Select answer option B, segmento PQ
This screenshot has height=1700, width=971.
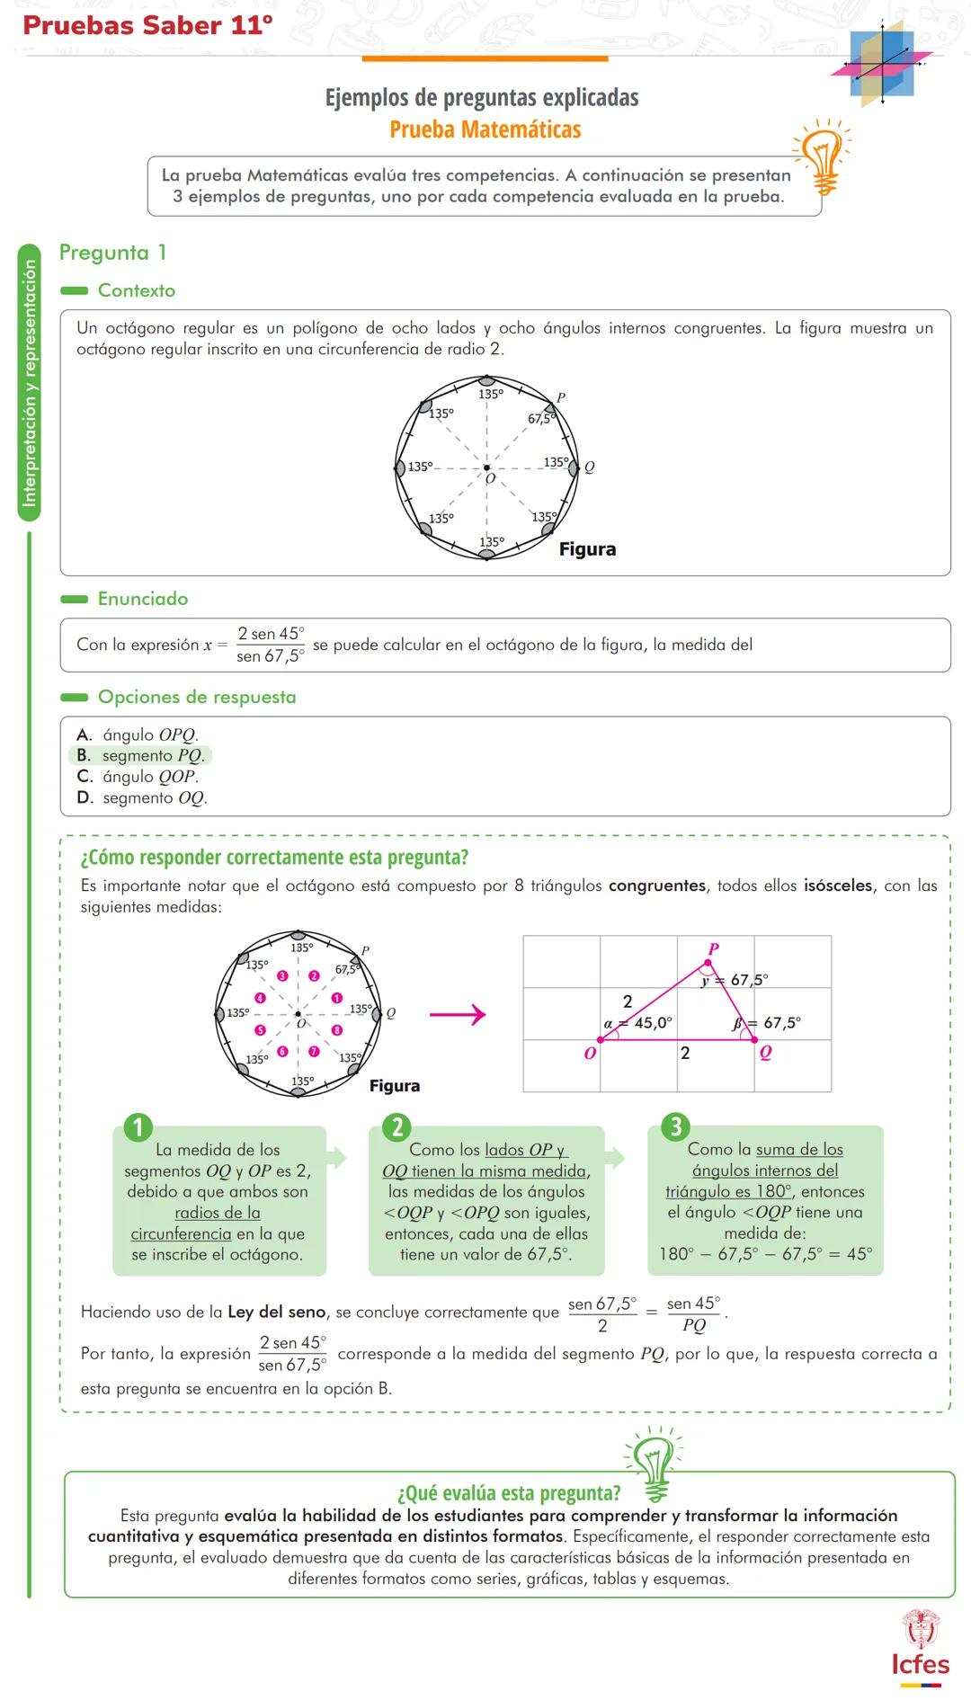click(141, 756)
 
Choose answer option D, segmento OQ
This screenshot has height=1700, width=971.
click(142, 798)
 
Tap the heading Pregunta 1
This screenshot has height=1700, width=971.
click(112, 253)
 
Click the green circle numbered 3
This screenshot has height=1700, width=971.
click(675, 1126)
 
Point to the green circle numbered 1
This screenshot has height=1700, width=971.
click(138, 1126)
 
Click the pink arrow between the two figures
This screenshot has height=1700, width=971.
click(458, 1015)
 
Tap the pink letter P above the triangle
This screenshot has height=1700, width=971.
click(714, 949)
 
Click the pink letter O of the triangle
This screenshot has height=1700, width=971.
click(590, 1053)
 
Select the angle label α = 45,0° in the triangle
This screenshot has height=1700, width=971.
click(638, 1023)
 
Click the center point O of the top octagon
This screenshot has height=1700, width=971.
click(486, 467)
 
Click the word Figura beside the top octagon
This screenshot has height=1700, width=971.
click(587, 549)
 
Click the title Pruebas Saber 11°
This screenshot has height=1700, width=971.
click(147, 25)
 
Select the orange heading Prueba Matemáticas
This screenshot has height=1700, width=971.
click(485, 129)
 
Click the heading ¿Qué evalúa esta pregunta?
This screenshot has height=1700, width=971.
click(509, 1493)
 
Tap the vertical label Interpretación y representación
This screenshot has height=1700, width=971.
click(30, 382)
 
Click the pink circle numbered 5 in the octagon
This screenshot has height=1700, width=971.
click(261, 1031)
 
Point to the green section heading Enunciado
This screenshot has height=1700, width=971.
click(142, 599)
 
